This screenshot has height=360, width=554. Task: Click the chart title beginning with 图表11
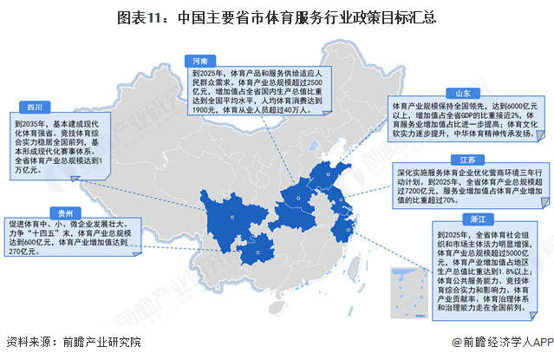tap(277, 16)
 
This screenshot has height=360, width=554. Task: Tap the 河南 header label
tap(199, 61)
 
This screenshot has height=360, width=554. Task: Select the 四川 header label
tap(35, 108)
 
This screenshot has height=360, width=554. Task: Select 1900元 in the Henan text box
tap(206, 110)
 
